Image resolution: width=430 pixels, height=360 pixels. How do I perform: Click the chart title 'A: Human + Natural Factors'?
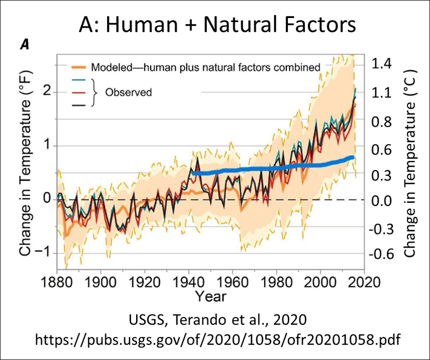pyautogui.click(x=217, y=25)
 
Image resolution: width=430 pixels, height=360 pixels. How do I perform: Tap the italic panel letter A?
pyautogui.click(x=25, y=45)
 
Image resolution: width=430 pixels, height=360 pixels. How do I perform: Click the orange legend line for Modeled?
pyautogui.click(x=78, y=67)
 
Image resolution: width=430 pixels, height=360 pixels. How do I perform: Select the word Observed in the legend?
pyautogui.click(x=128, y=92)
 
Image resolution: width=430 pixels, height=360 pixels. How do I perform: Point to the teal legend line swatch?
pyautogui.click(x=79, y=80)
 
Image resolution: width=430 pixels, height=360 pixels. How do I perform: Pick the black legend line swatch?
pyautogui.click(x=79, y=105)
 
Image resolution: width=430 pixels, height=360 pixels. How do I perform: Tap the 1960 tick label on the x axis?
pyautogui.click(x=232, y=282)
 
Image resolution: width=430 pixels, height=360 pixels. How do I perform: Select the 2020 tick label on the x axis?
pyautogui.click(x=364, y=282)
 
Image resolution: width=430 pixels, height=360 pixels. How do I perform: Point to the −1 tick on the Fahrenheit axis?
pyautogui.click(x=44, y=253)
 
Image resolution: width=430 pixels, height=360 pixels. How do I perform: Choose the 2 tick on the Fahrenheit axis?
pyautogui.click(x=47, y=91)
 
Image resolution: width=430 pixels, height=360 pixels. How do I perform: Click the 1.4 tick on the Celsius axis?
pyautogui.click(x=381, y=64)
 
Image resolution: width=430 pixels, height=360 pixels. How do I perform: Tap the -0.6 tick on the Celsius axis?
pyautogui.click(x=381, y=254)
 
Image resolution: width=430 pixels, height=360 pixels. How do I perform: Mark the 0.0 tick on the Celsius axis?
pyautogui.click(x=381, y=201)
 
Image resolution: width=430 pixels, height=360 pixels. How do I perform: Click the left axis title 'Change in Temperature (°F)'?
pyautogui.click(x=26, y=163)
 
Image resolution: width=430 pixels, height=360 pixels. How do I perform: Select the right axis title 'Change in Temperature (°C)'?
pyautogui.click(x=410, y=163)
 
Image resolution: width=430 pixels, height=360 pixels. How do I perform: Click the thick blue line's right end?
pyautogui.click(x=353, y=157)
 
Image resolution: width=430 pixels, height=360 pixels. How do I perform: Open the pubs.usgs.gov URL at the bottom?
pyautogui.click(x=218, y=340)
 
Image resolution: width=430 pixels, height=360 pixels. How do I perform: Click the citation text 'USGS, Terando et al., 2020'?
pyautogui.click(x=218, y=320)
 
